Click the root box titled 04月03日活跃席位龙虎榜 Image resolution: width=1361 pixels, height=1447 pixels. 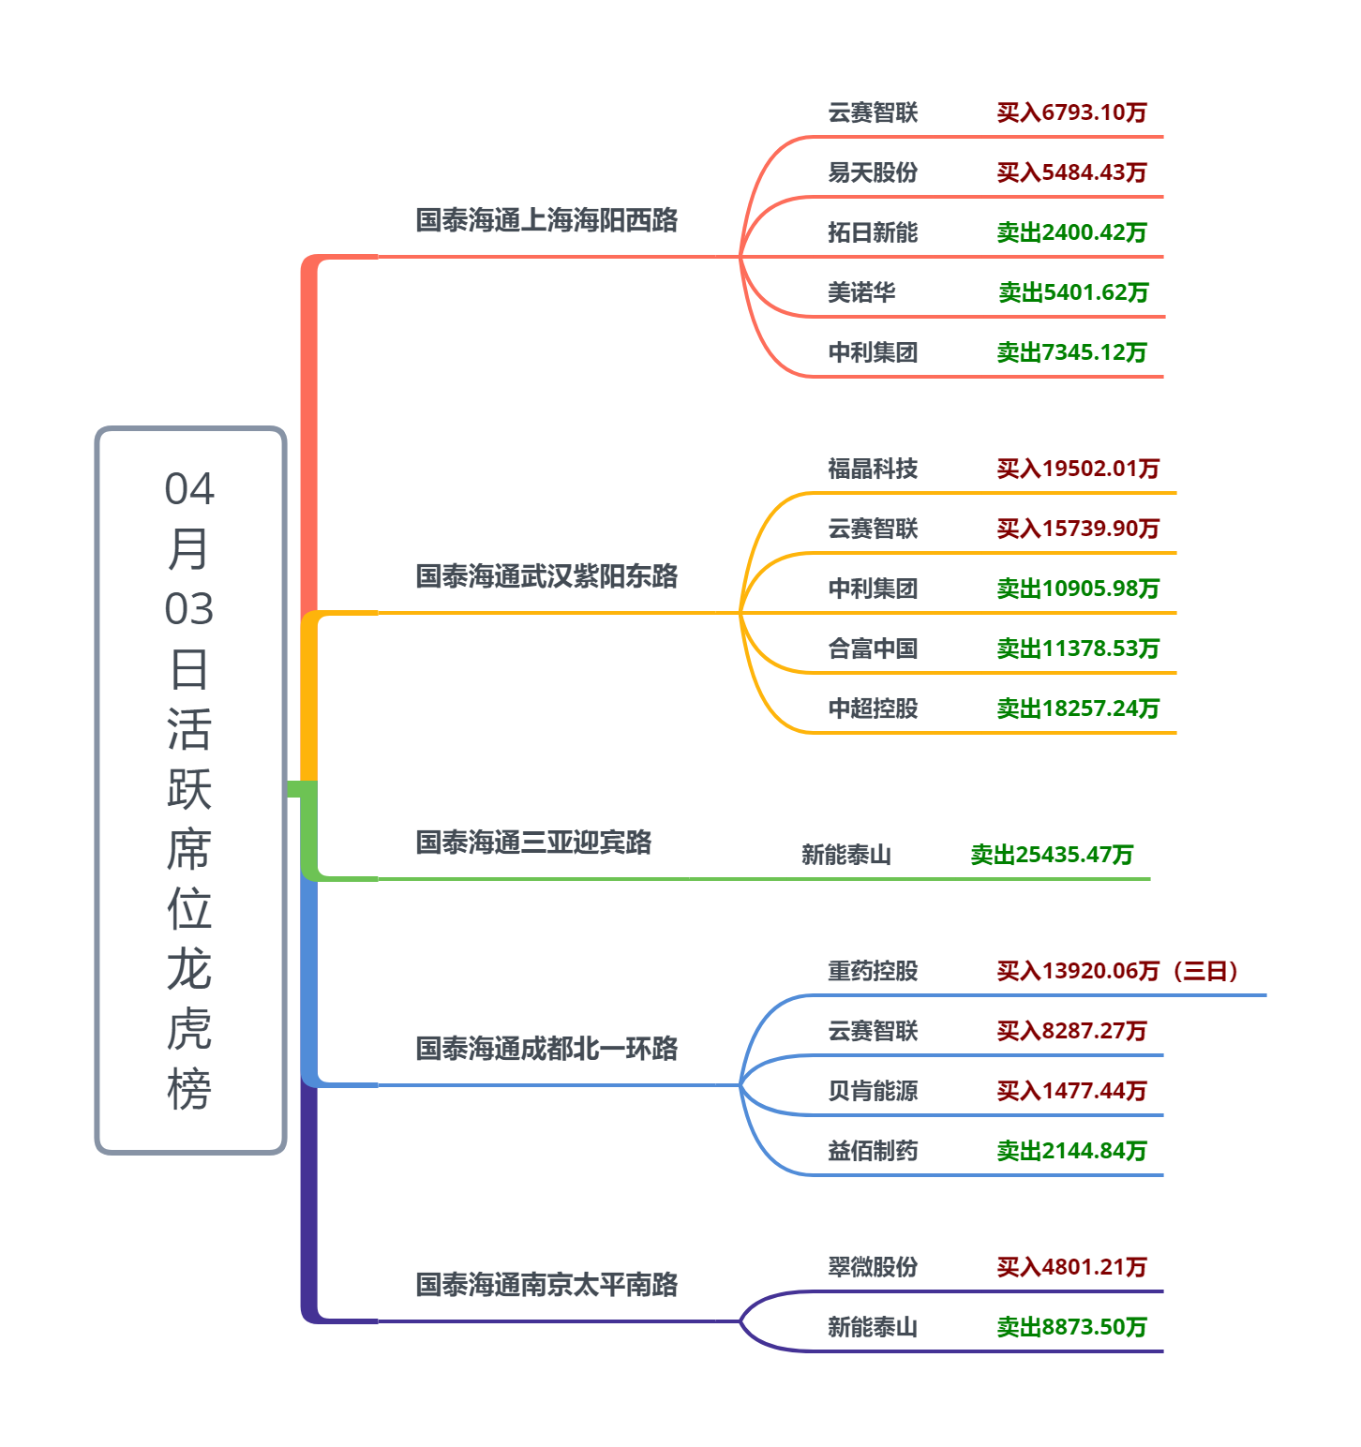[190, 790]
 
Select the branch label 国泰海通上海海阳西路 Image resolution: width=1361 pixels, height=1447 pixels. [546, 220]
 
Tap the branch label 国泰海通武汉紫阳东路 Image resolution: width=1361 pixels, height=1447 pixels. [546, 576]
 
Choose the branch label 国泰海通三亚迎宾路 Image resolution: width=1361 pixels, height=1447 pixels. [533, 843]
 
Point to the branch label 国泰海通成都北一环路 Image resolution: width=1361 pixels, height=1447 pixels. [546, 1049]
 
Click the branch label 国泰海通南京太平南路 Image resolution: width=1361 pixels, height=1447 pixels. [546, 1285]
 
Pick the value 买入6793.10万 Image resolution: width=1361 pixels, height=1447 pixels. [1071, 113]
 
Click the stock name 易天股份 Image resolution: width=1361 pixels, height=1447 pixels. [872, 173]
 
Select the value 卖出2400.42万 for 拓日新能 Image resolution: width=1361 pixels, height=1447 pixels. [1071, 233]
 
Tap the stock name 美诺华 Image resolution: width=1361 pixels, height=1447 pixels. [860, 293]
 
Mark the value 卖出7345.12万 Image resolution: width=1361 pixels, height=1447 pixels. [1071, 353]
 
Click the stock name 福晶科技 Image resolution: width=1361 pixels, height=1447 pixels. [872, 470]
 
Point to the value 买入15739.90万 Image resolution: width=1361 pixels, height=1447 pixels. [1078, 530]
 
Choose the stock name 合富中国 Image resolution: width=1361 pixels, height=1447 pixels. [872, 649]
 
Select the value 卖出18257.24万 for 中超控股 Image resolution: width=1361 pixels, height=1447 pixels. [1078, 709]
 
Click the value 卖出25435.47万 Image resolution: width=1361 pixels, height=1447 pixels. [1052, 856]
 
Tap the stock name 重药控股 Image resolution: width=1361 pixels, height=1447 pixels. [872, 972]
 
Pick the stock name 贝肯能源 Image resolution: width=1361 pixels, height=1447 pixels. [872, 1092]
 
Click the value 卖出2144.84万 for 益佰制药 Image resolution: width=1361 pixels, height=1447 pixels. [1071, 1152]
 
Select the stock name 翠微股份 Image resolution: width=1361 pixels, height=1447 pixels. [872, 1268]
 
